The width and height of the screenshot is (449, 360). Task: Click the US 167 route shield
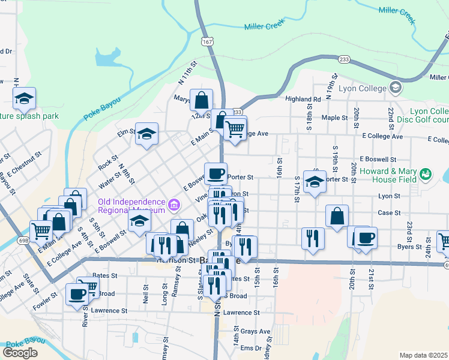coord(208,42)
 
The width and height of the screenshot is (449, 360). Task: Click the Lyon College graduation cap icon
coord(395,89)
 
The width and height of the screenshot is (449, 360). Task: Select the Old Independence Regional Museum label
coord(131,206)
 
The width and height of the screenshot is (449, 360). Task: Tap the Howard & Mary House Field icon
coord(426,174)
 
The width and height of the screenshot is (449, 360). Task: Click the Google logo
coord(20,353)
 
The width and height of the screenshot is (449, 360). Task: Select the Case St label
coord(389,213)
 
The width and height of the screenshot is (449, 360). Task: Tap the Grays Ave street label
coord(256,331)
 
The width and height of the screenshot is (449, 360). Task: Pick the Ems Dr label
coord(251,348)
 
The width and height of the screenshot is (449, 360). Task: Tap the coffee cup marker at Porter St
coord(216,174)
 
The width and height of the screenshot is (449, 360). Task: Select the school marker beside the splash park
coord(24,98)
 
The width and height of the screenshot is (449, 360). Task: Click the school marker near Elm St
coord(146,134)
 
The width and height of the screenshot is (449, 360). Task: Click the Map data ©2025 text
coord(424,355)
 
